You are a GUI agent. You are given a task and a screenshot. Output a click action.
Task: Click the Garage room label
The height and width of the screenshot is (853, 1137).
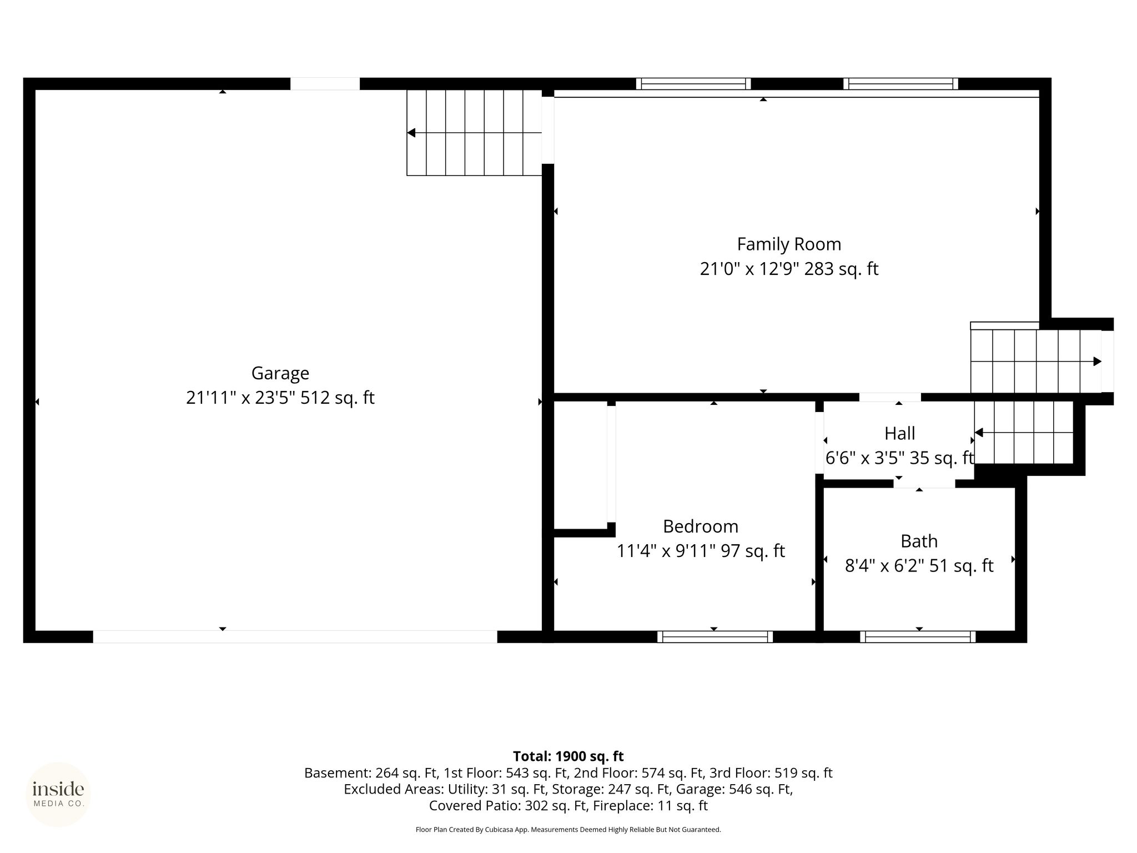click(x=280, y=373)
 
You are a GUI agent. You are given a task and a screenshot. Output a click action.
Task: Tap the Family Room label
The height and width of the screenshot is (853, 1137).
click(x=789, y=244)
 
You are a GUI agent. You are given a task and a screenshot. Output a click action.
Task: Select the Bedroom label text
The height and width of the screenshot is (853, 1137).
click(x=701, y=526)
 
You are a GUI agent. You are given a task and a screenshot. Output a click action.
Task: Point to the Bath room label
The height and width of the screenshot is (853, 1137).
click(x=919, y=541)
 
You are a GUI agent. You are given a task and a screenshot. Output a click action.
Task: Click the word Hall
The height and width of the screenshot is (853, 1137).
click(x=899, y=433)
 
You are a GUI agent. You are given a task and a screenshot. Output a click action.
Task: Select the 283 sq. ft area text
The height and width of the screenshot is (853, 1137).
click(x=841, y=269)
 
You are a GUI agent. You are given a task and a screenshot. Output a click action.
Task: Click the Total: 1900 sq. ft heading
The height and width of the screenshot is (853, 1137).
click(x=568, y=756)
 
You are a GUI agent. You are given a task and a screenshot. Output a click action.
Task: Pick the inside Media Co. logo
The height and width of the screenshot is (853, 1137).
click(x=58, y=795)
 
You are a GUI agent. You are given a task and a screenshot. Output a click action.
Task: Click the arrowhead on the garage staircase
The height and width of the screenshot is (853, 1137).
click(x=411, y=133)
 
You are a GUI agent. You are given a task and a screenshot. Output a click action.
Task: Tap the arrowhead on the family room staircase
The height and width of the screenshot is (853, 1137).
click(x=1098, y=362)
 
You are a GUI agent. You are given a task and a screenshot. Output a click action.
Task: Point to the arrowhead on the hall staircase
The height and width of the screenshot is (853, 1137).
click(x=979, y=433)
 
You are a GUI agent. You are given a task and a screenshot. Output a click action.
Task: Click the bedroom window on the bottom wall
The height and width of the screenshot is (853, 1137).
click(x=715, y=637)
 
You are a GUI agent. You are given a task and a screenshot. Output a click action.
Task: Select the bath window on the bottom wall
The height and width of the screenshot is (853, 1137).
click(x=918, y=637)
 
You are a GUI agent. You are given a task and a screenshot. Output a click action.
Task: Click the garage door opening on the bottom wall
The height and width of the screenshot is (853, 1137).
click(x=295, y=637)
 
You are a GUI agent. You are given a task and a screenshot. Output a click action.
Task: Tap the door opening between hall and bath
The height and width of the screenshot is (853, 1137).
click(x=924, y=484)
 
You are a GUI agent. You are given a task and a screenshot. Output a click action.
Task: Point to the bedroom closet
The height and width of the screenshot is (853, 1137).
click(x=581, y=465)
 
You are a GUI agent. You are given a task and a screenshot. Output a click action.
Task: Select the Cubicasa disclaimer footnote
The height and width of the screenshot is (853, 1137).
click(x=568, y=830)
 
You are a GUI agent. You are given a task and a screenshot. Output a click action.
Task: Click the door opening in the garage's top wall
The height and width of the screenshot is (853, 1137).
click(x=325, y=84)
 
